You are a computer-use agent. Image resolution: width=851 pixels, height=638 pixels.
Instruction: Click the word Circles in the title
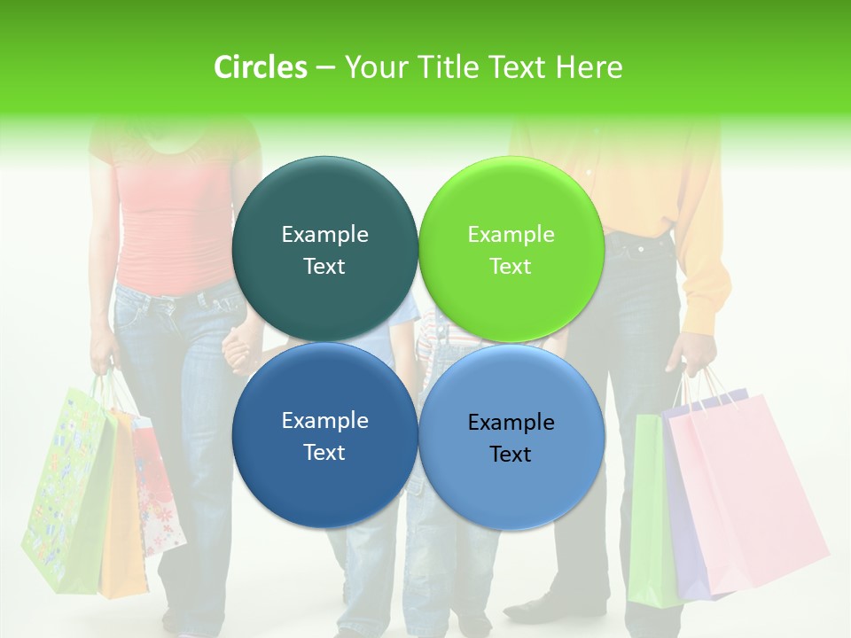click(260, 67)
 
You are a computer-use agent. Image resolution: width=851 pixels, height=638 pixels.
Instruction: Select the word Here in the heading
click(589, 67)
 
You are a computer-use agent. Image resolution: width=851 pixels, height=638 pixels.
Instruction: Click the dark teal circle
click(324, 250)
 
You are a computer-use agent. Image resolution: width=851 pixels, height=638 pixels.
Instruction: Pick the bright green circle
click(511, 250)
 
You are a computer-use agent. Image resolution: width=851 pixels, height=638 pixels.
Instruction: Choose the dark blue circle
click(324, 436)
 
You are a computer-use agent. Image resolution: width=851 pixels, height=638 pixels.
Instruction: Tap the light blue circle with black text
click(511, 436)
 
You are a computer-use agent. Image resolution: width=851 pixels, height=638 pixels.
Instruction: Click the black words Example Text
click(511, 439)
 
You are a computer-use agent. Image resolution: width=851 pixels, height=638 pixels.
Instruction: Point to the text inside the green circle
click(511, 250)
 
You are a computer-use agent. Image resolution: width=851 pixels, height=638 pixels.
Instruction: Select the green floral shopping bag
click(66, 496)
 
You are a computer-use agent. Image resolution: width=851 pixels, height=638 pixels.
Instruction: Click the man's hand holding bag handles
click(696, 354)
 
